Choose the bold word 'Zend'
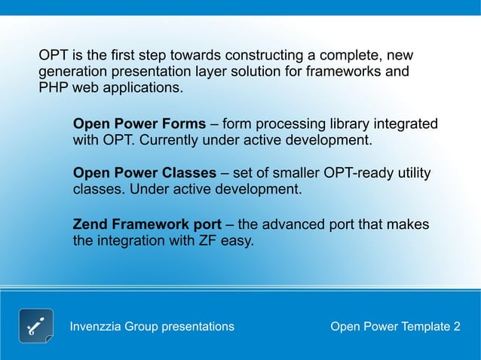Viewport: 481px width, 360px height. [x=90, y=224]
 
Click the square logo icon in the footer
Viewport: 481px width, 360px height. [x=35, y=325]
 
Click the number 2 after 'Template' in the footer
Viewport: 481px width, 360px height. [x=456, y=326]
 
